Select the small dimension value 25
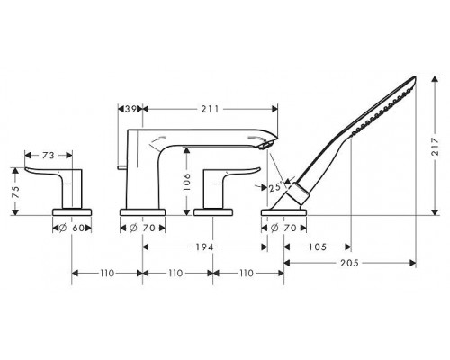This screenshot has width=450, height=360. (274, 187)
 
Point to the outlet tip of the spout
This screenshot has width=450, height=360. (267, 145)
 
